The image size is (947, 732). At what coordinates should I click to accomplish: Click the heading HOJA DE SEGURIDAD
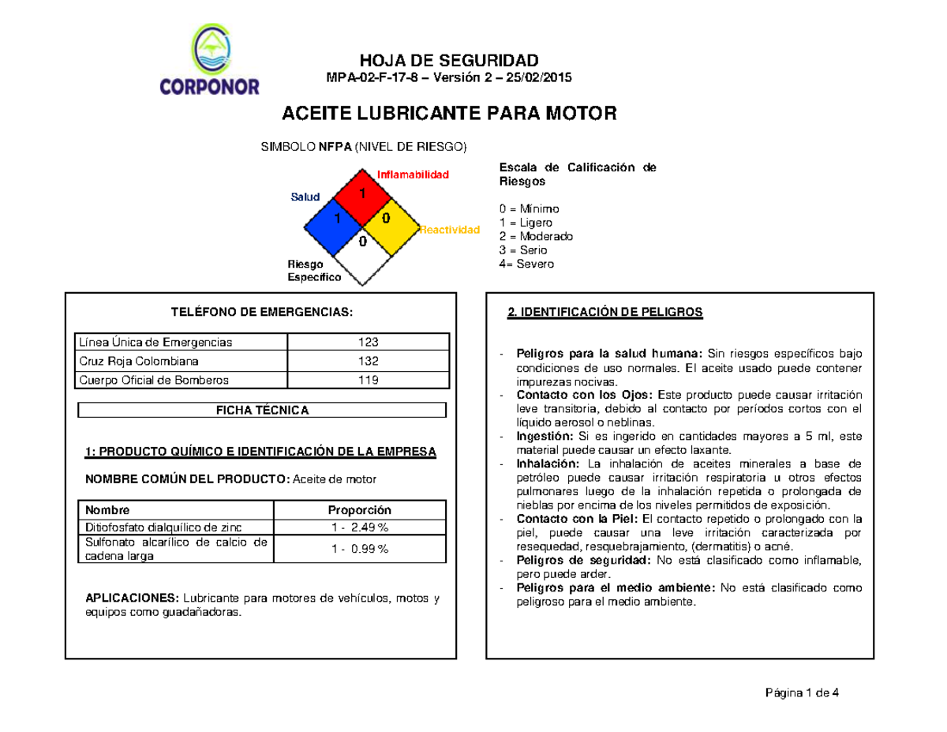(449, 61)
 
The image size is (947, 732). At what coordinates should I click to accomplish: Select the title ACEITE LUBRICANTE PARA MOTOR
(448, 114)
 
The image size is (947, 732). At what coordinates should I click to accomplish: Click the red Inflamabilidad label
(413, 174)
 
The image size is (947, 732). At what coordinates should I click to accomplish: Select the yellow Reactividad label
(449, 230)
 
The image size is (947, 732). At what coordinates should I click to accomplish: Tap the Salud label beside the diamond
(305, 197)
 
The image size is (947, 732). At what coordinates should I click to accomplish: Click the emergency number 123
(368, 342)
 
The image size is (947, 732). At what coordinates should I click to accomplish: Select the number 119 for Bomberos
(368, 380)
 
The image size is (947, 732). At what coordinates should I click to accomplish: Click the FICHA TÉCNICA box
(262, 411)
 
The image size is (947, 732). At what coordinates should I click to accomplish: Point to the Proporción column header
(360, 510)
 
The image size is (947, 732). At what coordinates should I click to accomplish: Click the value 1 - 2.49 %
(360, 527)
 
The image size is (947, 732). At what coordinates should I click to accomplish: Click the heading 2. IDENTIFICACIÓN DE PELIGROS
(604, 313)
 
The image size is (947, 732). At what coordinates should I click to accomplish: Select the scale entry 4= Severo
(526, 264)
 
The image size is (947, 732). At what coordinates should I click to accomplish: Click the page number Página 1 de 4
(803, 693)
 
